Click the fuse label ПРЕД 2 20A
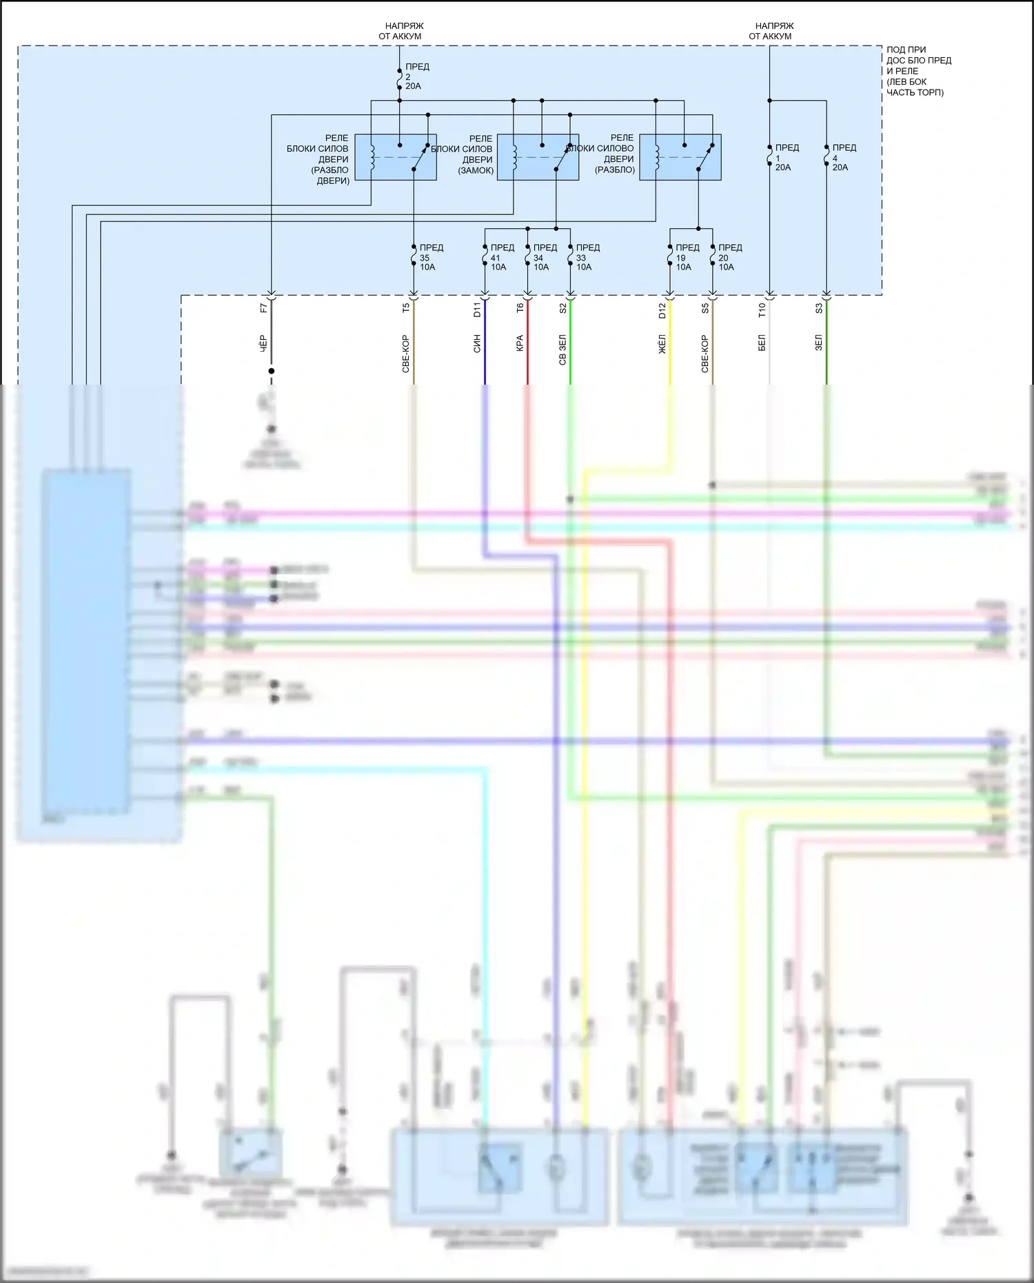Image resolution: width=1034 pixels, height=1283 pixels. pyautogui.click(x=416, y=77)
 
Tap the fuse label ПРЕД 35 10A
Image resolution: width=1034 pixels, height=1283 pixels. pyautogui.click(x=431, y=257)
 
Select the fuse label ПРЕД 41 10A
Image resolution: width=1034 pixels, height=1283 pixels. pyautogui.click(x=502, y=257)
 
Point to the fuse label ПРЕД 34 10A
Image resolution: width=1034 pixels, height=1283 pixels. pyautogui.click(x=545, y=257)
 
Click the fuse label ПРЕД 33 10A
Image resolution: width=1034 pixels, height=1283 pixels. pyautogui.click(x=587, y=257)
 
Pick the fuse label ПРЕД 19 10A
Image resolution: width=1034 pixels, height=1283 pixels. pyautogui.click(x=687, y=257)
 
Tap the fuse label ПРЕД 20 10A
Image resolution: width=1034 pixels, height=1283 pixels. pyautogui.click(x=729, y=257)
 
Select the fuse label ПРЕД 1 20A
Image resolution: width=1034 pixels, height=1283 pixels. pyautogui.click(x=787, y=157)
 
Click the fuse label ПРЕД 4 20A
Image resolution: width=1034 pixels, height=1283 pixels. pyautogui.click(x=844, y=157)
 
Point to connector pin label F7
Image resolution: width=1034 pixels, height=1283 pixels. pyautogui.click(x=264, y=308)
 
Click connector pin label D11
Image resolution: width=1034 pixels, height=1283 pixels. pyautogui.click(x=477, y=310)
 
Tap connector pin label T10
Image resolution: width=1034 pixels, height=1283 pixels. pyautogui.click(x=762, y=310)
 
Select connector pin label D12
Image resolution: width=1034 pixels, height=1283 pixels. pyautogui.click(x=662, y=310)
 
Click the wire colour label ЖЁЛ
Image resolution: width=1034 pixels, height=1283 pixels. pyautogui.click(x=662, y=343)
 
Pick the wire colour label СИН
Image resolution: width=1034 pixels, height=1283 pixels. pyautogui.click(x=477, y=343)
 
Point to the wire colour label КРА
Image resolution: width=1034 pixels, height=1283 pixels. pyautogui.click(x=520, y=343)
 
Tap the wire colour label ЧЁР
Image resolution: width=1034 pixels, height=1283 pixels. pyautogui.click(x=264, y=343)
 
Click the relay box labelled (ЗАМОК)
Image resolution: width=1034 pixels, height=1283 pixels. pyautogui.click(x=538, y=157)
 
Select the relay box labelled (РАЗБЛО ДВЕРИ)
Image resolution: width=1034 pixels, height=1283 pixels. pyautogui.click(x=396, y=157)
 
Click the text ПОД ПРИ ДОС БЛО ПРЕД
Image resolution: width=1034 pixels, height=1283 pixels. pyautogui.click(x=918, y=55)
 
